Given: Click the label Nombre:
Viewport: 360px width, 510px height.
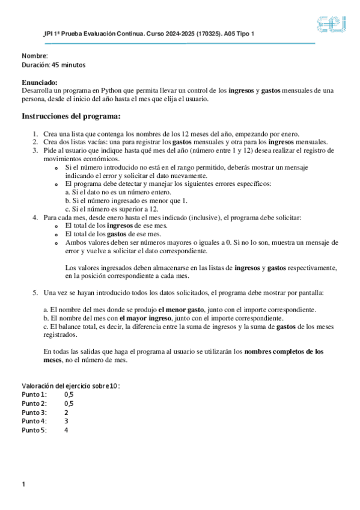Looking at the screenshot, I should point(35,56).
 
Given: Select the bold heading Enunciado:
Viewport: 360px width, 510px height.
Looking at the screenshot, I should point(40,82).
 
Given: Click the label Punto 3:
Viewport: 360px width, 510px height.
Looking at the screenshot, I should point(34,412).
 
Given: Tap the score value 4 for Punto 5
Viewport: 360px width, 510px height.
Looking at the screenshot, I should point(66,430).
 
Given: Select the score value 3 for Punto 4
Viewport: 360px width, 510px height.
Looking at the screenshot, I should point(66,421).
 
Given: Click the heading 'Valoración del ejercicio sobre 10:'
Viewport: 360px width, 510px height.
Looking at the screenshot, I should point(71,386).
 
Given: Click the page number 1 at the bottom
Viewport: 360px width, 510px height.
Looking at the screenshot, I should point(23,484).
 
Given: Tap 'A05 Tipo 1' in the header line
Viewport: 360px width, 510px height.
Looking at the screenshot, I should point(236,34).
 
